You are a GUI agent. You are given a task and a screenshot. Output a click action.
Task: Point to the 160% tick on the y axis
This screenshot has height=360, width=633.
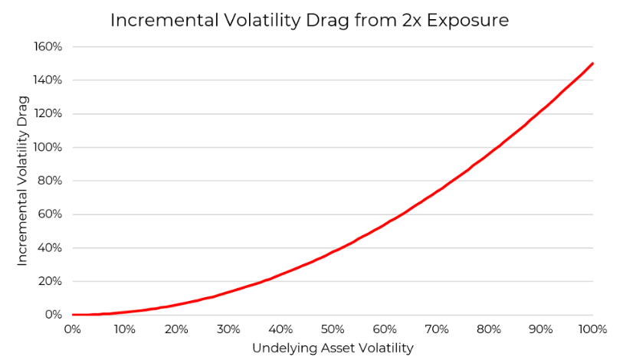click(48, 47)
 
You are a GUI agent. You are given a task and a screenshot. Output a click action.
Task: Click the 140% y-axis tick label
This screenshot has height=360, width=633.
click(48, 80)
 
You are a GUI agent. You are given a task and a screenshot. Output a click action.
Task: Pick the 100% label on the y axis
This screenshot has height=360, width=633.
click(48, 147)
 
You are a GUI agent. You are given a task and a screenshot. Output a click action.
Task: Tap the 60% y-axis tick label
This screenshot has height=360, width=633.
click(51, 214)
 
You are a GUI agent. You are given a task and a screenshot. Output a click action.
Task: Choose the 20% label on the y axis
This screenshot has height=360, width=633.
click(51, 281)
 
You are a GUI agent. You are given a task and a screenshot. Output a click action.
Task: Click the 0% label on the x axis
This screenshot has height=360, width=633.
click(73, 329)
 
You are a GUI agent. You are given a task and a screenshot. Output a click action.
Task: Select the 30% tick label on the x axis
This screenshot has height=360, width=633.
click(229, 329)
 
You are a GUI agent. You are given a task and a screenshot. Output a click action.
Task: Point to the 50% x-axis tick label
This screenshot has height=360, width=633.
click(333, 329)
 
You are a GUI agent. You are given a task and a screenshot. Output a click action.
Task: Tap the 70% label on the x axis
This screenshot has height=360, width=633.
click(437, 329)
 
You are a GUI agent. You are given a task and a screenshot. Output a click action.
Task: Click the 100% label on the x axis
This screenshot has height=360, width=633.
click(592, 329)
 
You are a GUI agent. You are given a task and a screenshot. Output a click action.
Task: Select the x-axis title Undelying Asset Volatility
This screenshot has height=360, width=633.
click(333, 348)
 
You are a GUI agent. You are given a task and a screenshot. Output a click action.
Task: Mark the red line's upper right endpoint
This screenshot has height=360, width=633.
click(592, 64)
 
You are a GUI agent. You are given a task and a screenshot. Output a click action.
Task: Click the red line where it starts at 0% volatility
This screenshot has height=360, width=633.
click(74, 315)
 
